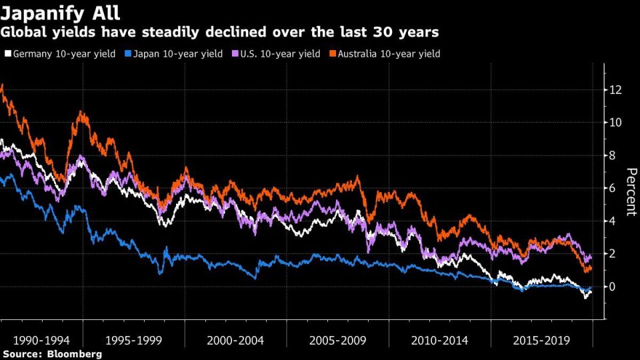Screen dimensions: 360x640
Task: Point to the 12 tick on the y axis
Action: click(x=615, y=90)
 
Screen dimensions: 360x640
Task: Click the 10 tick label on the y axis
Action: click(x=615, y=123)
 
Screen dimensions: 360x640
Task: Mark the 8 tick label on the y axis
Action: click(x=613, y=155)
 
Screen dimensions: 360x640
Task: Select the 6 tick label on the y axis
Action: click(x=613, y=188)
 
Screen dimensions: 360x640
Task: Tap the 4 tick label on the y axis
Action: click(x=613, y=221)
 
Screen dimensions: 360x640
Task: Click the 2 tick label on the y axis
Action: click(x=613, y=253)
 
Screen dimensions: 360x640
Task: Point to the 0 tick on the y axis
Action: click(x=613, y=287)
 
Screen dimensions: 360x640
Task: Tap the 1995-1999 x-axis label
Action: click(x=133, y=340)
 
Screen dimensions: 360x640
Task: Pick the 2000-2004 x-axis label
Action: click(x=235, y=340)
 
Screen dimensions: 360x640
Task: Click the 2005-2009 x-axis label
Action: click(x=338, y=340)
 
